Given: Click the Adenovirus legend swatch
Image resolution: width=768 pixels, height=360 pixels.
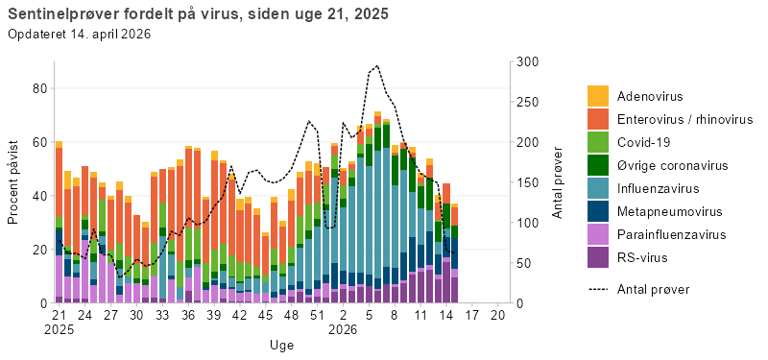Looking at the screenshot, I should [598, 96].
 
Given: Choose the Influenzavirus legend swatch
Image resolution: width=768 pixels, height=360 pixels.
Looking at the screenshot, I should [598, 188].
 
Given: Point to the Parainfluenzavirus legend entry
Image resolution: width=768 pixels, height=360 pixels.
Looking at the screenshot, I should [671, 234].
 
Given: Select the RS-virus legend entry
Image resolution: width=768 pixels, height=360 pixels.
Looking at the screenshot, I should [643, 257].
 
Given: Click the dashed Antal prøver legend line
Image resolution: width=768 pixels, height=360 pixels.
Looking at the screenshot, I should [598, 288].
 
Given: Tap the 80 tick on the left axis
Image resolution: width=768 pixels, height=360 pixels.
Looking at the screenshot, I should [40, 88].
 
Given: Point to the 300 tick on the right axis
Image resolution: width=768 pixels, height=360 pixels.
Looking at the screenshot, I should [528, 62].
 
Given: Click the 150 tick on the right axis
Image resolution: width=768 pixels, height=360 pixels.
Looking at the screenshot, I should [528, 182].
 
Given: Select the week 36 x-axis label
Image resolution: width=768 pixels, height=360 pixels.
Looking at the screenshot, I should [188, 315].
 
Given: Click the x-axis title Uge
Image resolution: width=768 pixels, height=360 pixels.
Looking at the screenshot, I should [281, 344].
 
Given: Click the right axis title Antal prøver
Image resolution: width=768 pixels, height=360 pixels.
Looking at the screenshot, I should [557, 182].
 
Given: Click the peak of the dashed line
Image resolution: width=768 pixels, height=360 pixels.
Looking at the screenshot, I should [377, 66].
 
